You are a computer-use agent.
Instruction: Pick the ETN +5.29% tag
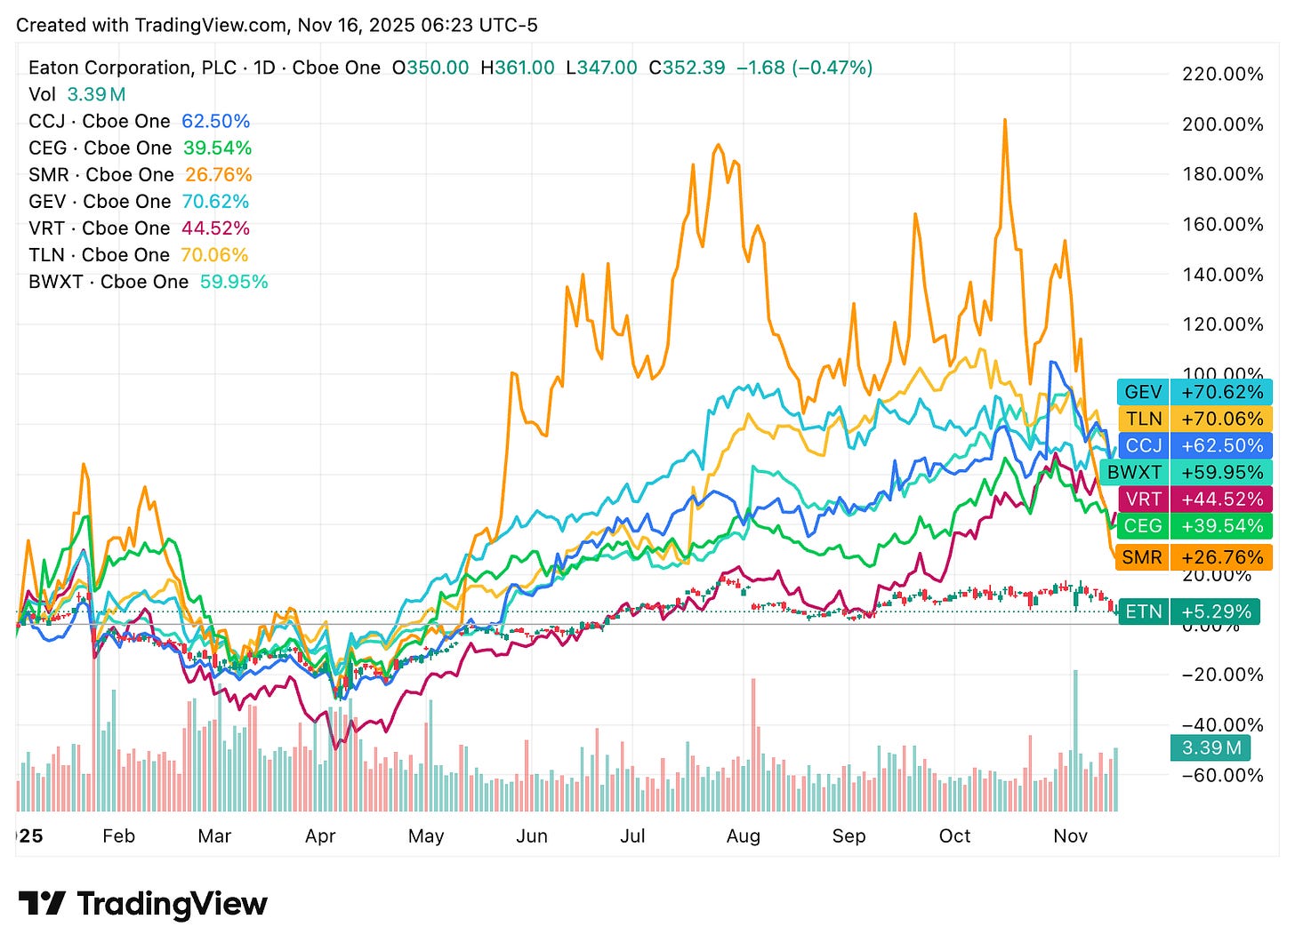click(1187, 611)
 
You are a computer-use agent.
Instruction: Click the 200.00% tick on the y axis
click(1222, 124)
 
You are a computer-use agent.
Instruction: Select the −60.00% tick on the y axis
click(1222, 775)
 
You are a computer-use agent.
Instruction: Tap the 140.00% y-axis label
click(1222, 275)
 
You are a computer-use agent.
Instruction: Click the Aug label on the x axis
click(743, 836)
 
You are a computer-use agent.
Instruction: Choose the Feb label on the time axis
click(118, 836)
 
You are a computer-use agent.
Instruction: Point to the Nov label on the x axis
click(1070, 836)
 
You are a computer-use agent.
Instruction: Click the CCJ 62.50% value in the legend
click(215, 122)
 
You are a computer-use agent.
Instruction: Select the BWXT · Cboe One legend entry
click(109, 282)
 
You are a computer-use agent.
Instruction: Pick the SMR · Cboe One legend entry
click(100, 175)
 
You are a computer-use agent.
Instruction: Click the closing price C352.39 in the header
click(687, 68)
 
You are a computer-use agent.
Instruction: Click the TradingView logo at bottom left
click(142, 904)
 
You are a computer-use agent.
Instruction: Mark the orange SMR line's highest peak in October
click(1005, 120)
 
